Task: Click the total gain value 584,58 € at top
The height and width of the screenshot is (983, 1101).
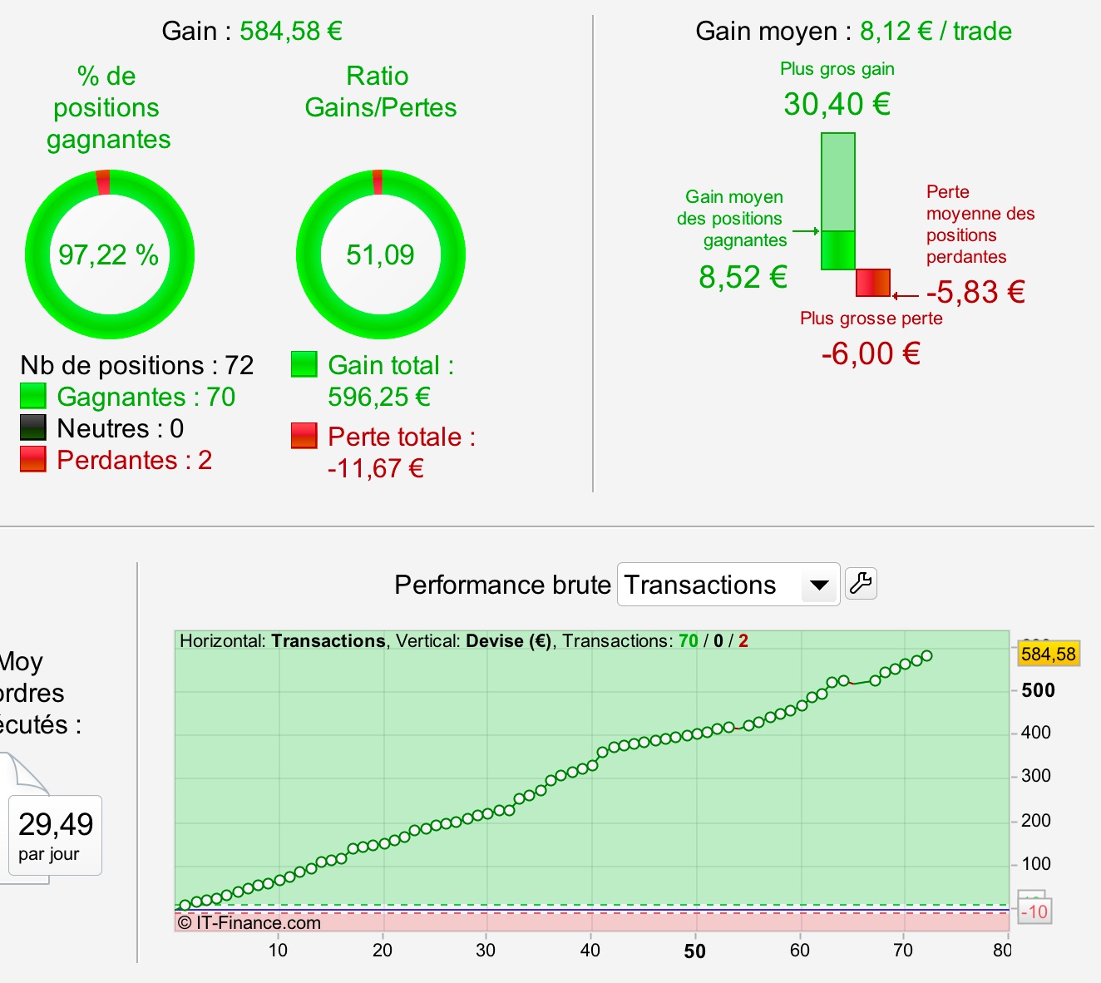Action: click(x=291, y=32)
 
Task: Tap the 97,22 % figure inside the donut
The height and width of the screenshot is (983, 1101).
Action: click(x=109, y=254)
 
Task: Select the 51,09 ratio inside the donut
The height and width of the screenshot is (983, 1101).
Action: click(x=380, y=254)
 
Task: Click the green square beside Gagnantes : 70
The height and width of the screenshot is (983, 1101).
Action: click(x=33, y=396)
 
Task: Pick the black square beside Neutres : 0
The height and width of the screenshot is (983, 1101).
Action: click(x=33, y=427)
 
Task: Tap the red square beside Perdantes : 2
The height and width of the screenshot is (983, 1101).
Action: click(x=33, y=459)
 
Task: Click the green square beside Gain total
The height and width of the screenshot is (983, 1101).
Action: click(x=304, y=364)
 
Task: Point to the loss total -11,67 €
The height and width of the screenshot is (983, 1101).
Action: click(x=376, y=468)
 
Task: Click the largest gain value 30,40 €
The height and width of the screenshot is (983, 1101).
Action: click(x=837, y=105)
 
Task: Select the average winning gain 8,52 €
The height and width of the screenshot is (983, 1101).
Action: click(x=743, y=277)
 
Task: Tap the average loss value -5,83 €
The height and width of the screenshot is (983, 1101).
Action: click(x=975, y=292)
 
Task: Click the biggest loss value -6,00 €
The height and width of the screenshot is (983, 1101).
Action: click(x=871, y=354)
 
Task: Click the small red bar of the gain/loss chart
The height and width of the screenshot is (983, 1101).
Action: click(x=873, y=283)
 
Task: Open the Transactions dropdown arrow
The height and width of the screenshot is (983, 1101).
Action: click(x=819, y=585)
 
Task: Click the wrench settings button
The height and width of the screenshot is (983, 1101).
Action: click(x=861, y=583)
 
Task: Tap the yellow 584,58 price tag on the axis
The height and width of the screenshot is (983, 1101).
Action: click(x=1048, y=654)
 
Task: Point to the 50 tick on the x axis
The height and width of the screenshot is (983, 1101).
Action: click(x=694, y=951)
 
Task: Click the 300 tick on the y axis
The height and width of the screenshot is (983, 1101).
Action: click(x=1036, y=776)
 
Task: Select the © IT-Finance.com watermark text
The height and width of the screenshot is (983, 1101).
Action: click(x=249, y=922)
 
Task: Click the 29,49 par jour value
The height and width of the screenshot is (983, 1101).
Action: click(x=56, y=825)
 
